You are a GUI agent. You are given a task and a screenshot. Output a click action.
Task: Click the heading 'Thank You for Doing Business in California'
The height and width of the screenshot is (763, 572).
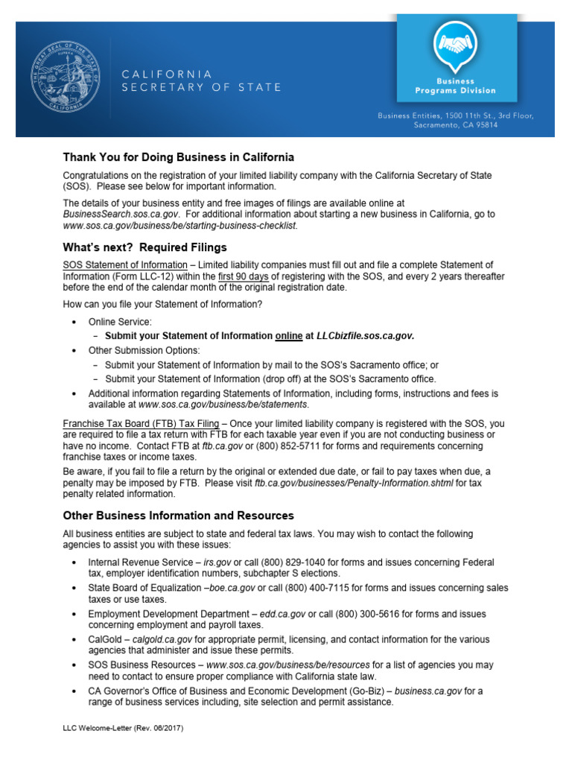click(179, 157)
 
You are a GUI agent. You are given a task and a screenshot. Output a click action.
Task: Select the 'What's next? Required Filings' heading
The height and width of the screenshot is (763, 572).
click(145, 247)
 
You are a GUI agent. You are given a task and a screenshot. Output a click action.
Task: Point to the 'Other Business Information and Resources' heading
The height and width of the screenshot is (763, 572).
click(179, 515)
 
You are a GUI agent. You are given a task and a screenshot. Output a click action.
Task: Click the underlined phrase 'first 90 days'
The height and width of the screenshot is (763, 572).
click(249, 276)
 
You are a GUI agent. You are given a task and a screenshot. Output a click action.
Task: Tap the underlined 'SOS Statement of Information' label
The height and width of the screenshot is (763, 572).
click(125, 265)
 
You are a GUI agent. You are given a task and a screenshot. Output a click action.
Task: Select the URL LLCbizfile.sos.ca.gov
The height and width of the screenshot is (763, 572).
click(364, 335)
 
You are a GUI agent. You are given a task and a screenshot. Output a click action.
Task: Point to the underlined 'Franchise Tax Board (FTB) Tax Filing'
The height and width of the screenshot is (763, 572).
click(141, 423)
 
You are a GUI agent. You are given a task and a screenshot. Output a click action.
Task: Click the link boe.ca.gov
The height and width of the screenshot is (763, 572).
click(233, 588)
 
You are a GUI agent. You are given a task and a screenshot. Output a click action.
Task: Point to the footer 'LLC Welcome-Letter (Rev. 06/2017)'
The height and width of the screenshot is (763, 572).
click(124, 726)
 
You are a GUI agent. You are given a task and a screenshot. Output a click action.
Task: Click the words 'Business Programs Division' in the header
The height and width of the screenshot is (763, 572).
click(455, 85)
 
